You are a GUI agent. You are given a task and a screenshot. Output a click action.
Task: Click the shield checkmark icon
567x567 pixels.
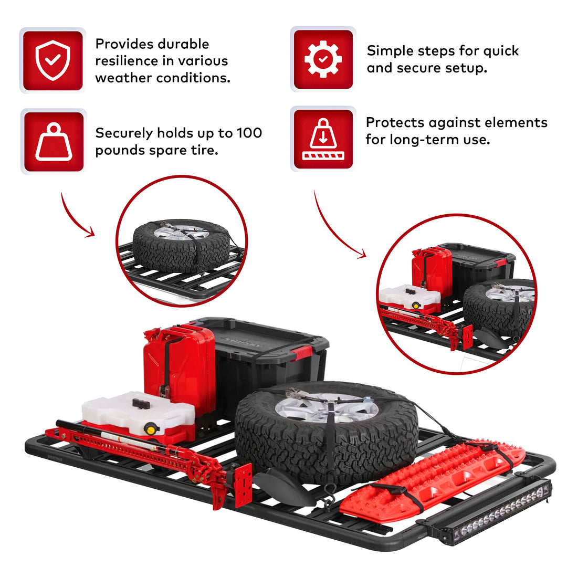point(52,60)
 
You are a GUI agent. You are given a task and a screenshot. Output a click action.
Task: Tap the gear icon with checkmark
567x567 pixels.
point(323,59)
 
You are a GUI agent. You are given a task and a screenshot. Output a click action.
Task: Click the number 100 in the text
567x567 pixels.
point(250,133)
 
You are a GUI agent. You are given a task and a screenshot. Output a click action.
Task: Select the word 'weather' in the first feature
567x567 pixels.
point(125,78)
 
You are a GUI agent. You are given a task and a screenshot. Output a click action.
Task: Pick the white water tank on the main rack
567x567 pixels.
point(131,415)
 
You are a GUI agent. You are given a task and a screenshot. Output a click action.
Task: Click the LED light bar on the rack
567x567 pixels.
point(490,512)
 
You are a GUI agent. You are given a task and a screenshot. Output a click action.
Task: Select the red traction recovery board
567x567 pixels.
point(430,478)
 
